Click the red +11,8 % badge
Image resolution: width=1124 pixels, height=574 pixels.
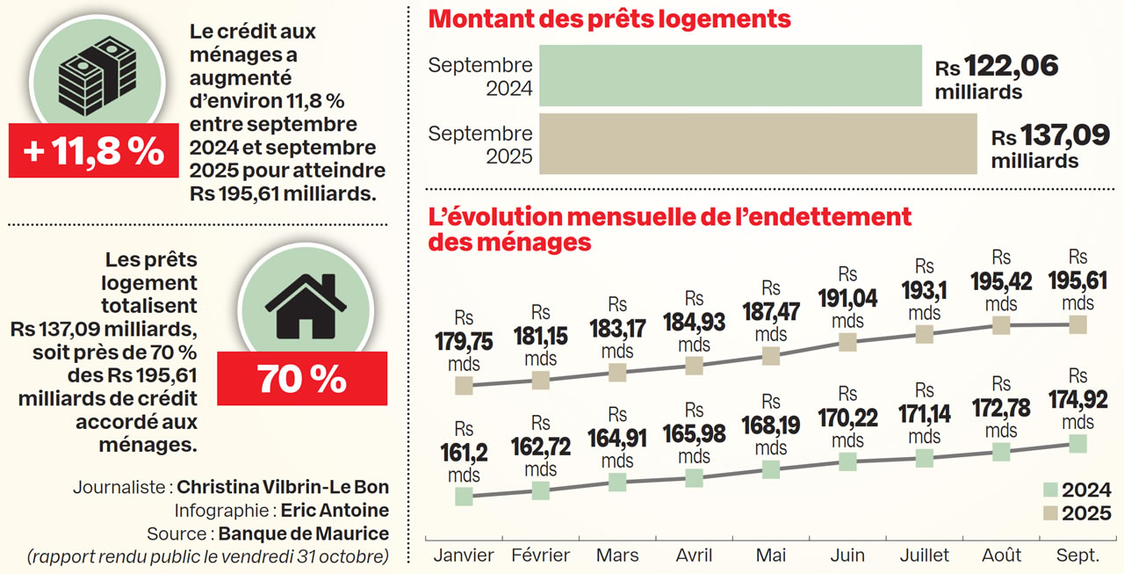pyautogui.click(x=94, y=151)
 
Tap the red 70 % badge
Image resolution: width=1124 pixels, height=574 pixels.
pyautogui.click(x=301, y=378)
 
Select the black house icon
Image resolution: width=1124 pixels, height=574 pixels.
pyautogui.click(x=301, y=304)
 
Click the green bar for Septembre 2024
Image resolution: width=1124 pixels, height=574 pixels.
pyautogui.click(x=730, y=76)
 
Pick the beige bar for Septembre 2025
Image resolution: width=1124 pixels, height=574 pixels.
pyautogui.click(x=757, y=143)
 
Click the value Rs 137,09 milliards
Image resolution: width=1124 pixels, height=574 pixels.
pyautogui.click(x=1050, y=146)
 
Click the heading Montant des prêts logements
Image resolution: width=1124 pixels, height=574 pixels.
pyautogui.click(x=609, y=18)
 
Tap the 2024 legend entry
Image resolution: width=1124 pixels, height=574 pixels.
pyautogui.click(x=1076, y=490)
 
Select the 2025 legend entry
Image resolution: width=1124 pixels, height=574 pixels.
pyautogui.click(x=1076, y=513)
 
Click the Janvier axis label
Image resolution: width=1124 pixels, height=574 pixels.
pyautogui.click(x=464, y=556)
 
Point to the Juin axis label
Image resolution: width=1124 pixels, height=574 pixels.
pyautogui.click(x=847, y=556)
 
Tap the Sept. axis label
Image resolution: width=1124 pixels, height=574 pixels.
pyautogui.click(x=1077, y=556)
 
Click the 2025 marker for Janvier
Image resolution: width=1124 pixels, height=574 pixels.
pyautogui.click(x=464, y=385)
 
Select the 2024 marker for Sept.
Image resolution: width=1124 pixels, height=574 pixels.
pyautogui.click(x=1077, y=444)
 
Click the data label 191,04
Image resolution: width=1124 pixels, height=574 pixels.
pyautogui.click(x=847, y=299)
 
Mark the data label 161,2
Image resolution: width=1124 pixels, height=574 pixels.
pyautogui.click(x=464, y=453)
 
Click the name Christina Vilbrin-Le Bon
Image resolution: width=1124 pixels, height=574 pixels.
pyautogui.click(x=282, y=487)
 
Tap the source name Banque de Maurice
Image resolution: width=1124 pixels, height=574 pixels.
pyautogui.click(x=303, y=534)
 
